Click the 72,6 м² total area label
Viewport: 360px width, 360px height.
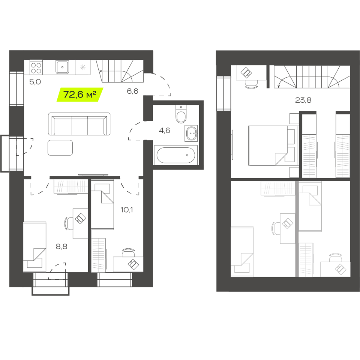[x=79, y=94]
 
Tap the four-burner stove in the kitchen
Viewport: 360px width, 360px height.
[x=36, y=68]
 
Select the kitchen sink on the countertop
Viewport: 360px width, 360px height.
[x=62, y=67]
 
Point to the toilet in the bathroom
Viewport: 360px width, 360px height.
[x=181, y=114]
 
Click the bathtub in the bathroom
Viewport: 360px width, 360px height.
[x=176, y=155]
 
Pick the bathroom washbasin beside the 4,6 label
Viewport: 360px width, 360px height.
[x=191, y=133]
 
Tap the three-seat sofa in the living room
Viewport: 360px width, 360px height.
[x=79, y=124]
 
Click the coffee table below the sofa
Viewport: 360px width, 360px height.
[x=60, y=148]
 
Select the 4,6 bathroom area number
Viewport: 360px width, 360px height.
[x=164, y=130]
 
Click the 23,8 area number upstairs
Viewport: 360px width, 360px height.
[x=303, y=100]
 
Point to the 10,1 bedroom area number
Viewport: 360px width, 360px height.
[x=127, y=210]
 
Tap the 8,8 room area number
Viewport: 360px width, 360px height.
[x=61, y=247]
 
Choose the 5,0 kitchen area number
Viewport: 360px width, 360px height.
[x=35, y=82]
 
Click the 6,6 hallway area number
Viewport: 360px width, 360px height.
[x=132, y=91]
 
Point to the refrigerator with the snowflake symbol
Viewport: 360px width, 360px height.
[x=82, y=67]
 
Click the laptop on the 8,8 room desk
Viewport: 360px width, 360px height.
[x=81, y=218]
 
